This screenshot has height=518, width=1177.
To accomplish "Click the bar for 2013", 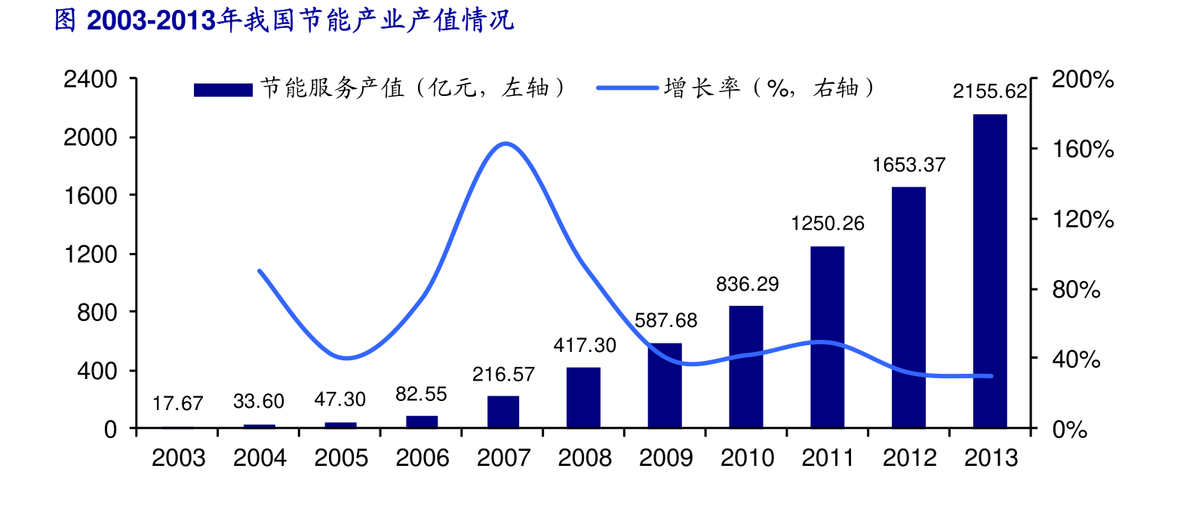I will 990,271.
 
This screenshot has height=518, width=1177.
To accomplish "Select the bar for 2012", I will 908,307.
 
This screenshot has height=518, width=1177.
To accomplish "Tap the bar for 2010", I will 746,367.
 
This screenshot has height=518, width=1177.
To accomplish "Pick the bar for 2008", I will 583,398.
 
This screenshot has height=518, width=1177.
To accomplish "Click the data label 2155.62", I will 990,92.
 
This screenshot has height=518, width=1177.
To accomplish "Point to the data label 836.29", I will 747,285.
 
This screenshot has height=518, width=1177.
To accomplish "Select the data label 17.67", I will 178,404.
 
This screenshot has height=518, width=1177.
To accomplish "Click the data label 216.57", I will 503,375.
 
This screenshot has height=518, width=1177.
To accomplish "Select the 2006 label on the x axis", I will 423,458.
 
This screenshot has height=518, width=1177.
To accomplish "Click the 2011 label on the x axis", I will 828,458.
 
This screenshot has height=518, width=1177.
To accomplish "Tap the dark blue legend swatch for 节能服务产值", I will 223,90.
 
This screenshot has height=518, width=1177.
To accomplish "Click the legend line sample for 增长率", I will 627,88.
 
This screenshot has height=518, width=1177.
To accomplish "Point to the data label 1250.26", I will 828,224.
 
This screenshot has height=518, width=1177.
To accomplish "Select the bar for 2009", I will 665,386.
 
